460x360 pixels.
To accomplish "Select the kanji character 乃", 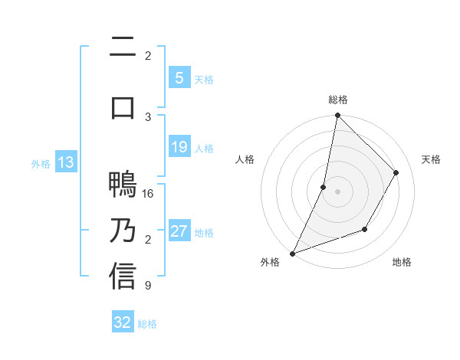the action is point(123,231).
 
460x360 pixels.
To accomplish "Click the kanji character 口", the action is point(123,106).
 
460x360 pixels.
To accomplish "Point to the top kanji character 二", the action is point(123,49).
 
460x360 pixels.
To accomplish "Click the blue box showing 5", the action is point(179,78).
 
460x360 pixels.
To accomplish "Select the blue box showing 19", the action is point(179,147).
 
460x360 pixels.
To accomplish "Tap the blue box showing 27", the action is point(179,231).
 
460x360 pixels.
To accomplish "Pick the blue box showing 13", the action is point(65,162).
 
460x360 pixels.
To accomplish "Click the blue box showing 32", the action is point(123,322).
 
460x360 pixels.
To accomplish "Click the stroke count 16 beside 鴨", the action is point(148,194).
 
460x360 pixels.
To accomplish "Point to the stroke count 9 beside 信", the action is point(148,286).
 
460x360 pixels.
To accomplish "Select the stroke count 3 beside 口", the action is point(148,116).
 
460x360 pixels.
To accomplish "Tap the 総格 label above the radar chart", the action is point(338,100).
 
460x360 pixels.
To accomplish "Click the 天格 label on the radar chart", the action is point(431,159).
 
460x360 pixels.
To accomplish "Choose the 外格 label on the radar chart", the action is point(270,262).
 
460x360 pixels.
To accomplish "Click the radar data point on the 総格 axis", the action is point(337,115).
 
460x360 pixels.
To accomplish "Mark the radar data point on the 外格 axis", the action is point(292,253).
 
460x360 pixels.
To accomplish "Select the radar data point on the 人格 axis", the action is point(324,187).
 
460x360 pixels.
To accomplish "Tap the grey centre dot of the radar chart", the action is point(337,191).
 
